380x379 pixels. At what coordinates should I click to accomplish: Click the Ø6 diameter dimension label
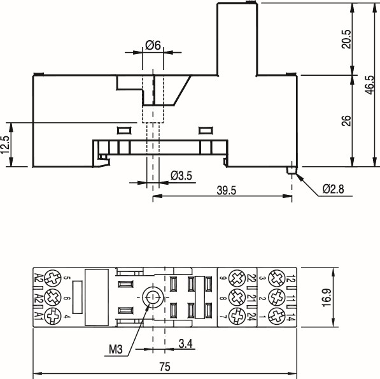[x=152, y=45]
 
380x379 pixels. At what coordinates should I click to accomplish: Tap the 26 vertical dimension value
[x=346, y=120]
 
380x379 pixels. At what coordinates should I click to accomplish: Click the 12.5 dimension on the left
[x=6, y=145]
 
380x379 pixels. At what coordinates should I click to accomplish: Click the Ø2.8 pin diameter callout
[x=333, y=189]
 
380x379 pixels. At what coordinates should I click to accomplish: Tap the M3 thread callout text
[x=115, y=350]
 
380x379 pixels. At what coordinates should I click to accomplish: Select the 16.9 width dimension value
[x=326, y=297]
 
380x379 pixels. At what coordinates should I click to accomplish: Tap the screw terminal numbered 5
[x=51, y=278]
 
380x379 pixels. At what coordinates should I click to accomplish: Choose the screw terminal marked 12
[x=276, y=278]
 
